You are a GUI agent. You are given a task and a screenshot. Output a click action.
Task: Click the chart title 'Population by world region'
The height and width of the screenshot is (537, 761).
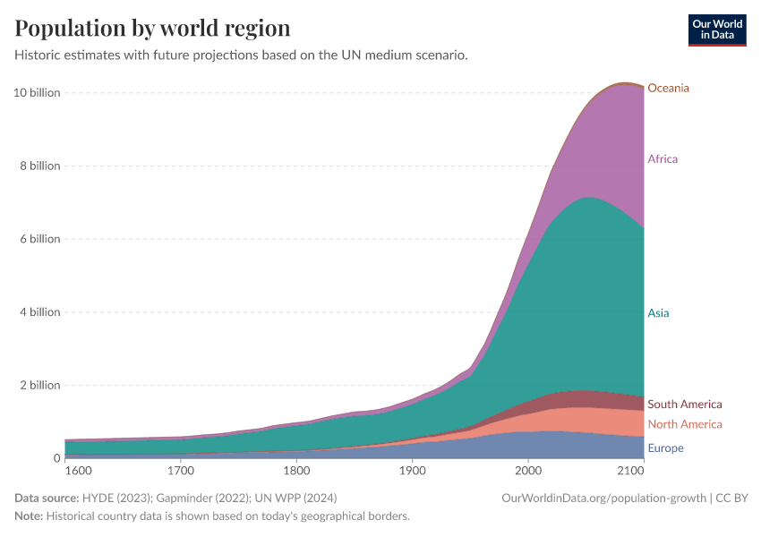(x=152, y=28)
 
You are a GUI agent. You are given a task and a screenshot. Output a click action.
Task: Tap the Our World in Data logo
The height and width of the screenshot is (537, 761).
(x=716, y=30)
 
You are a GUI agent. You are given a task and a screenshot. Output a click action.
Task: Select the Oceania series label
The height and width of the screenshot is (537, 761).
(x=669, y=88)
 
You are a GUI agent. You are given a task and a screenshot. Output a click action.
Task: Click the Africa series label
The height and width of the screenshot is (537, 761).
(x=663, y=159)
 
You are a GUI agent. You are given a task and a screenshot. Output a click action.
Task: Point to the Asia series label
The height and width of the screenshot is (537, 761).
(x=658, y=313)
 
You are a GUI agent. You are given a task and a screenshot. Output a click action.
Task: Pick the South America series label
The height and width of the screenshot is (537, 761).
(x=684, y=405)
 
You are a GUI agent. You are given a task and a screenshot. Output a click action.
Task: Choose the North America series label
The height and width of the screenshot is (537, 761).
(x=684, y=424)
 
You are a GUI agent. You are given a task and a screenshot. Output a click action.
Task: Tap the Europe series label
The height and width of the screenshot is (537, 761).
(x=665, y=448)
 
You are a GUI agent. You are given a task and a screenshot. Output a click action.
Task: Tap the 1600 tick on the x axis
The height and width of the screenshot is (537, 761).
(x=78, y=470)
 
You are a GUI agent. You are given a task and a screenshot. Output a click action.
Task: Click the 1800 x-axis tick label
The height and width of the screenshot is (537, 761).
(x=296, y=470)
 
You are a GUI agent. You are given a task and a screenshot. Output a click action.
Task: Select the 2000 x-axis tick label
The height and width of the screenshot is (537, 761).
(x=528, y=470)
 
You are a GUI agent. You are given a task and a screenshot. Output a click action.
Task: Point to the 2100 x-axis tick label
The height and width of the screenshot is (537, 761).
(x=630, y=470)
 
